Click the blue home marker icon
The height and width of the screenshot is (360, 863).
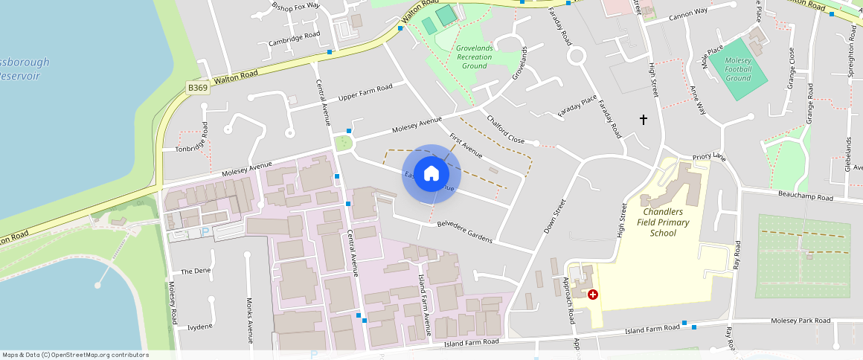431,174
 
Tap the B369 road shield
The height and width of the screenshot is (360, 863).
197,88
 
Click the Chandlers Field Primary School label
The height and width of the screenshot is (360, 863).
663,222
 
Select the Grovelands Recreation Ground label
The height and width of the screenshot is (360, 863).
475,57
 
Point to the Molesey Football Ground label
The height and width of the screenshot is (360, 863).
738,68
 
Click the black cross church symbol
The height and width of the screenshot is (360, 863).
644,119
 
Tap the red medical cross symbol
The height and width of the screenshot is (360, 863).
593,295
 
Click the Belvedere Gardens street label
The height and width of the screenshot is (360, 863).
465,232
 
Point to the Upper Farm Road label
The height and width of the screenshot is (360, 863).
365,93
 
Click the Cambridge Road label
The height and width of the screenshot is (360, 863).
294,39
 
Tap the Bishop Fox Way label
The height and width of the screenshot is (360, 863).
295,6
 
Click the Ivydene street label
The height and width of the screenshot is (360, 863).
200,327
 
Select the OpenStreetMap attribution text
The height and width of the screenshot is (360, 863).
75,355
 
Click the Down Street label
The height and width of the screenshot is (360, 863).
555,216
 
